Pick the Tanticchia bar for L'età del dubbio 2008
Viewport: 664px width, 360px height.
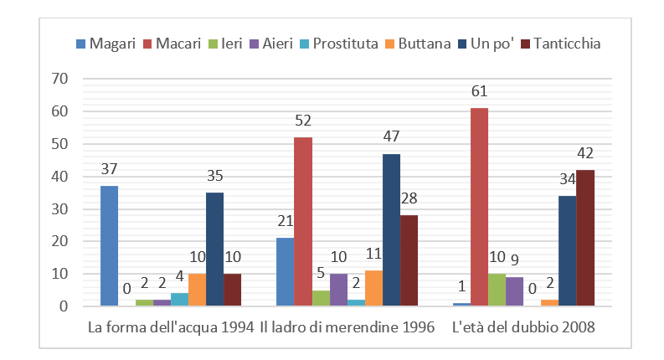584,238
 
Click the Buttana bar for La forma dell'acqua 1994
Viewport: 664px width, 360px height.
197,290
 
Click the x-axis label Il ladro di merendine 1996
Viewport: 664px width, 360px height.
347,327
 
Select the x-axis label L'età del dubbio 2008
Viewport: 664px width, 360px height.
523,327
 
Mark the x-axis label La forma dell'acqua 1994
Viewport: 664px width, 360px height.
171,327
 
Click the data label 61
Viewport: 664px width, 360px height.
479,91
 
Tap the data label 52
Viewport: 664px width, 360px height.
302,121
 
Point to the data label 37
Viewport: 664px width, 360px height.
109,169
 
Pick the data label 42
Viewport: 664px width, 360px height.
584,153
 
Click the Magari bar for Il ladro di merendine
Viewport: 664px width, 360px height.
286,272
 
